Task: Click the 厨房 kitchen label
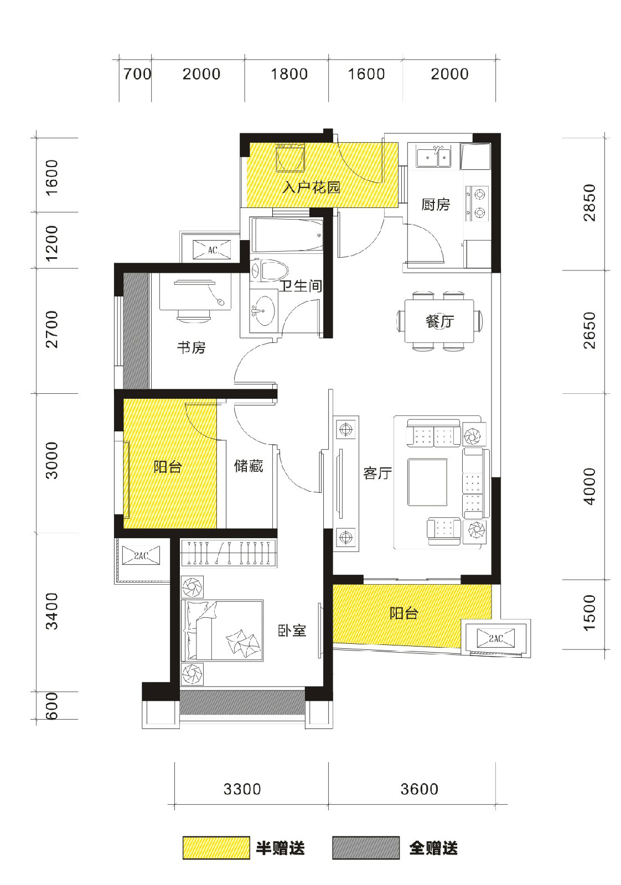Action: pos(435,204)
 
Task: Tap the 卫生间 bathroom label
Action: pos(301,285)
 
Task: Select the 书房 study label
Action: pos(192,347)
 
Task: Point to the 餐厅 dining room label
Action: pos(439,321)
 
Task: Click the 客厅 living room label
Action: pos(378,473)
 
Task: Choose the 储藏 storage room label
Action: pos(249,466)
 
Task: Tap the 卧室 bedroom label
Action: pos(292,631)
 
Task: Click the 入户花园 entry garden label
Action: pos(312,188)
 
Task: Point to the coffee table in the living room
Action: pos(427,482)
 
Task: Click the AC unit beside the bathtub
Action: pos(213,249)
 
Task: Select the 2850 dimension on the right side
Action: pos(588,202)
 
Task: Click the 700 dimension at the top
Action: pos(137,74)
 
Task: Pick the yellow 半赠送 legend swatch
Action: pos(216,847)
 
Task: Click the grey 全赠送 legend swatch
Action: pos(366,847)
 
